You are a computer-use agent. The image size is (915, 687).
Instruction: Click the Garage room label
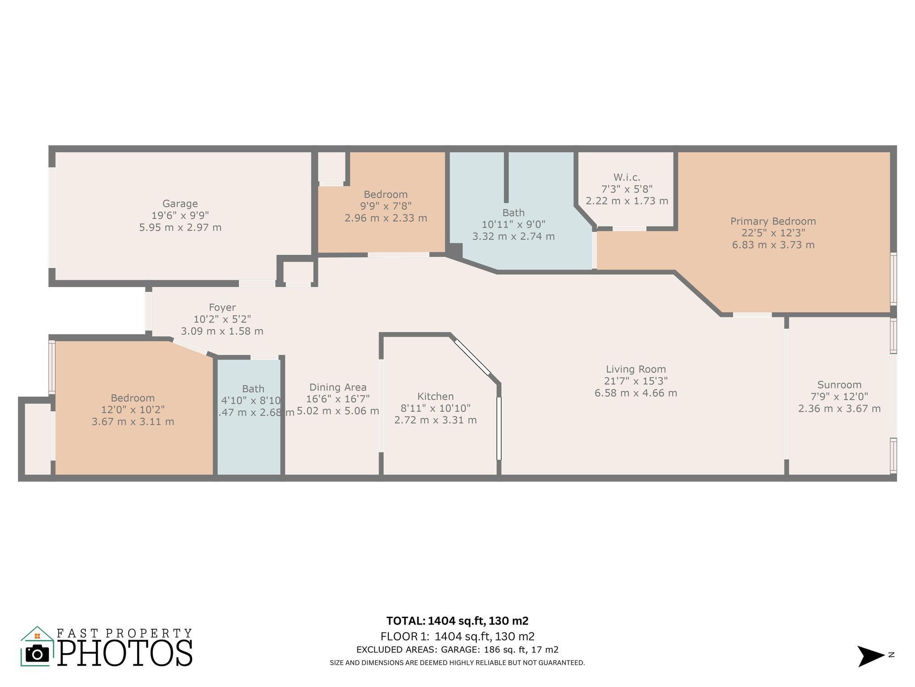coord(180,204)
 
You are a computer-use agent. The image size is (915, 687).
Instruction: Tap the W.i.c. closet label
coord(627,178)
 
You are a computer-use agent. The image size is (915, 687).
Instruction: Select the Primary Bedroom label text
coord(773,221)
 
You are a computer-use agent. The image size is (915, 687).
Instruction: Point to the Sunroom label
coord(839,385)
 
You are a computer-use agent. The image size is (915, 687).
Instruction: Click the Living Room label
coord(636,369)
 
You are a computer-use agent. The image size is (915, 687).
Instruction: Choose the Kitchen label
coord(435,397)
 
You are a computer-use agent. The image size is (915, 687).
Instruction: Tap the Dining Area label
coord(338,387)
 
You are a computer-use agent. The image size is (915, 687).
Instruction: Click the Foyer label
coord(222,308)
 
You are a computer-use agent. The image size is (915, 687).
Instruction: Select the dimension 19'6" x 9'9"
coord(180,216)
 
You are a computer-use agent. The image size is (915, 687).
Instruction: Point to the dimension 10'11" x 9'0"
coord(513,225)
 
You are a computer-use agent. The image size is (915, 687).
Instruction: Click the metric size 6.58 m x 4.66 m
coord(636,393)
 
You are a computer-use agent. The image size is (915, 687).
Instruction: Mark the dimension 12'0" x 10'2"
coord(133,410)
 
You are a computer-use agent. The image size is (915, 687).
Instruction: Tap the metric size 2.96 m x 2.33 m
coord(386,218)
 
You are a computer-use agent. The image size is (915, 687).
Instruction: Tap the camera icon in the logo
coord(37,654)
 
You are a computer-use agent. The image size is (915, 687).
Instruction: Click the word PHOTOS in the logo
coord(125,653)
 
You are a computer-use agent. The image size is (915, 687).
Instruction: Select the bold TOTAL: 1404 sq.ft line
coord(457,621)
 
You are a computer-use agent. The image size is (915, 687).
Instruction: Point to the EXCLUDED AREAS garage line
coord(457,650)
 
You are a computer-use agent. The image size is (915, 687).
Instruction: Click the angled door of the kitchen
coord(473,357)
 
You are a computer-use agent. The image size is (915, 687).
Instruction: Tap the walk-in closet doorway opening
coord(629,229)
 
